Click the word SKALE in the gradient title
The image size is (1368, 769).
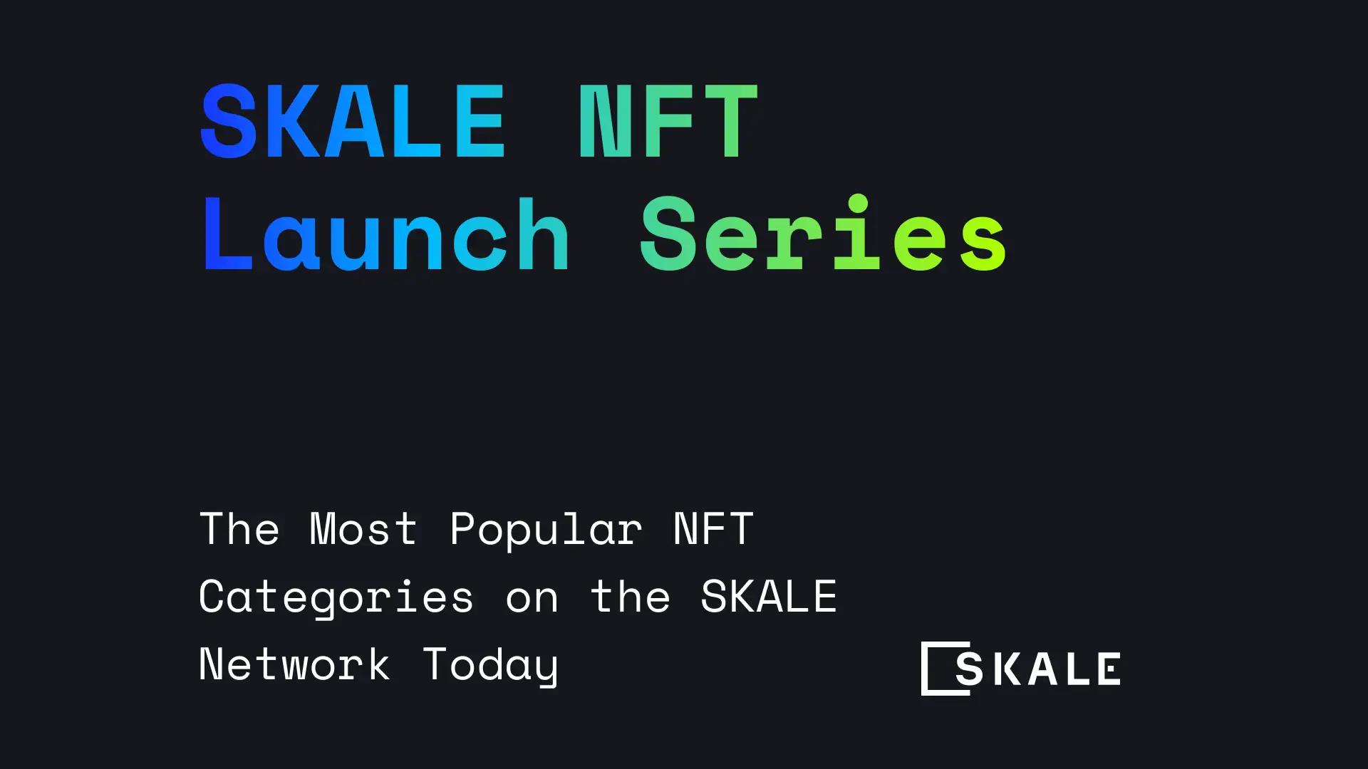(x=353, y=121)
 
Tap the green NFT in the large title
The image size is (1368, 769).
(x=668, y=121)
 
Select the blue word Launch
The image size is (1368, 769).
(x=385, y=235)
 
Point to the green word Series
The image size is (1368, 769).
(x=823, y=235)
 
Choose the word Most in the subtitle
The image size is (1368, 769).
(x=363, y=529)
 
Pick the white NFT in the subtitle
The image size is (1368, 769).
(x=713, y=529)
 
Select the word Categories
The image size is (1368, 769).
(x=336, y=597)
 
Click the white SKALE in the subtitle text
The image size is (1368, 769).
(x=768, y=596)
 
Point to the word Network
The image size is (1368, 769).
(x=294, y=664)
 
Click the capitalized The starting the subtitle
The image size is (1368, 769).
(x=239, y=529)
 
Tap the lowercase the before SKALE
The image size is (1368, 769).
(x=631, y=597)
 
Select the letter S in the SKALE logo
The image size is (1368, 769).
(x=969, y=669)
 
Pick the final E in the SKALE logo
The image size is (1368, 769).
(x=1109, y=669)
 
